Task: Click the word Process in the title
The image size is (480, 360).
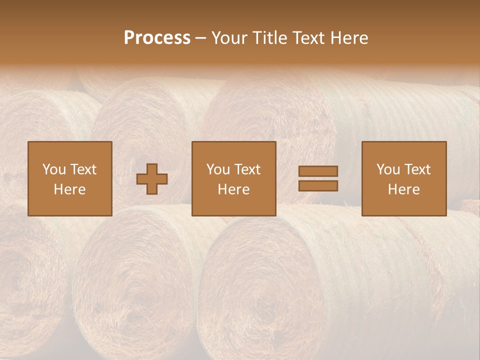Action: [x=157, y=38]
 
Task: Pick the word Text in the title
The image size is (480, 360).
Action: [x=306, y=38]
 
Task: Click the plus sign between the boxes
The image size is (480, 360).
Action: [x=152, y=179]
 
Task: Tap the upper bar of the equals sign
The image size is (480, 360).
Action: [x=318, y=171]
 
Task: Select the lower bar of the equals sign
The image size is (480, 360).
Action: [x=318, y=186]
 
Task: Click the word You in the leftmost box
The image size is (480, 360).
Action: [x=54, y=169]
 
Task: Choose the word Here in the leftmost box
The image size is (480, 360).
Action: [x=69, y=189]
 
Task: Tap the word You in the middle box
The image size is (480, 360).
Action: [x=218, y=169]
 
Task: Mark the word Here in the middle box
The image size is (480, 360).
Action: [x=233, y=189]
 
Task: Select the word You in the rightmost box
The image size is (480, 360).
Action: [x=388, y=169]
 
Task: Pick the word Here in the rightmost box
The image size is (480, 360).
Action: [x=403, y=189]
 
